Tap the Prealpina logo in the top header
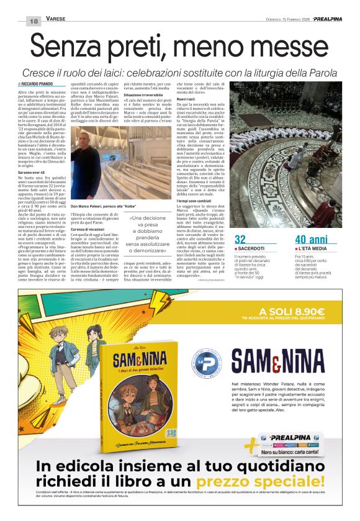328,19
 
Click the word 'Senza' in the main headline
68,47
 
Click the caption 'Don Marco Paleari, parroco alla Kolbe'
112,206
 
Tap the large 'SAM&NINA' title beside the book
277,363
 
